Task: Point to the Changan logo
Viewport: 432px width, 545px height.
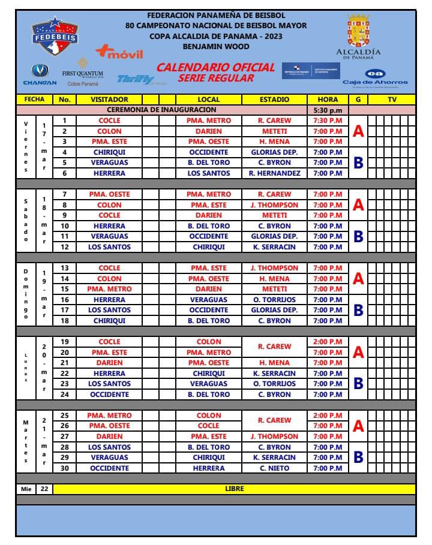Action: [40, 74]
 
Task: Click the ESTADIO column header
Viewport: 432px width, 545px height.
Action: [274, 100]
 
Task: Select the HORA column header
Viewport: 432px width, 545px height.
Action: [328, 100]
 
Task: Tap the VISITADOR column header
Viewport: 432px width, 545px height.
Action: [109, 100]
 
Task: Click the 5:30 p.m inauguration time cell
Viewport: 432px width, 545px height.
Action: [328, 110]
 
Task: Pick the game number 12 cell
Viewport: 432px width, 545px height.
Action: [64, 247]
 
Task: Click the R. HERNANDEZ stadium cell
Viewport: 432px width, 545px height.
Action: [274, 173]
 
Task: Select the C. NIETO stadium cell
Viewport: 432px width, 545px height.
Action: [274, 468]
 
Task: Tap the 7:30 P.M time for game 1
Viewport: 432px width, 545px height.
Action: [328, 121]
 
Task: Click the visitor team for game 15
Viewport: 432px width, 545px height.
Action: [109, 289]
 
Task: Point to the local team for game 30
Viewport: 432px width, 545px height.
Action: [209, 468]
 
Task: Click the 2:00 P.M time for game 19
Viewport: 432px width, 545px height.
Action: [328, 342]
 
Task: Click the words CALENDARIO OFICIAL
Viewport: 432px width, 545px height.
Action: [215, 67]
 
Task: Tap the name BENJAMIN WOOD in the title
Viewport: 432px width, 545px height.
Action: [216, 45]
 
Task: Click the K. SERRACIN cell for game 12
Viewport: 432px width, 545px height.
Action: [274, 247]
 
